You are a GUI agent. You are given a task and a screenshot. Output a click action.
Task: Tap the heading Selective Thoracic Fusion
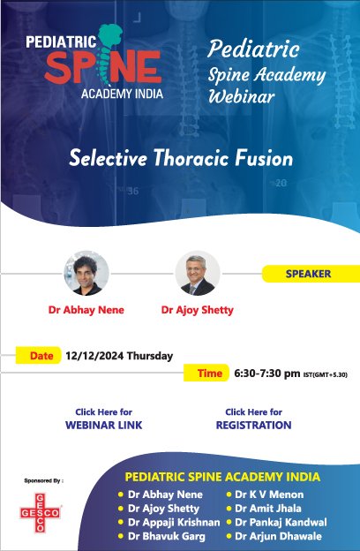pos(181,159)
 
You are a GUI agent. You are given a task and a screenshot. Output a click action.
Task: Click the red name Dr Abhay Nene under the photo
pos(86,310)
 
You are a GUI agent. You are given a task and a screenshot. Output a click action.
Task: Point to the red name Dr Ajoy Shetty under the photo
pos(198,310)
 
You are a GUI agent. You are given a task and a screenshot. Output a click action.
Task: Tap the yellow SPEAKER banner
pos(308,274)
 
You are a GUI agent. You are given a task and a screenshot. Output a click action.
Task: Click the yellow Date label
pos(41,357)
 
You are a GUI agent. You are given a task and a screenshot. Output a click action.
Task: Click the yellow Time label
pos(209,374)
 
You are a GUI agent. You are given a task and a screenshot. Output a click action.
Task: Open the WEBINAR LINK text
pos(104,425)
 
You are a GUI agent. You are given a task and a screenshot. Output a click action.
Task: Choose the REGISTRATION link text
pos(253,425)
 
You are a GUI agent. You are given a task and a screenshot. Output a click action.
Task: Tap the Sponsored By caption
pos(43,481)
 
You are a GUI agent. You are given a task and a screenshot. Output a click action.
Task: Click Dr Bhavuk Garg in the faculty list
pos(166,537)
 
